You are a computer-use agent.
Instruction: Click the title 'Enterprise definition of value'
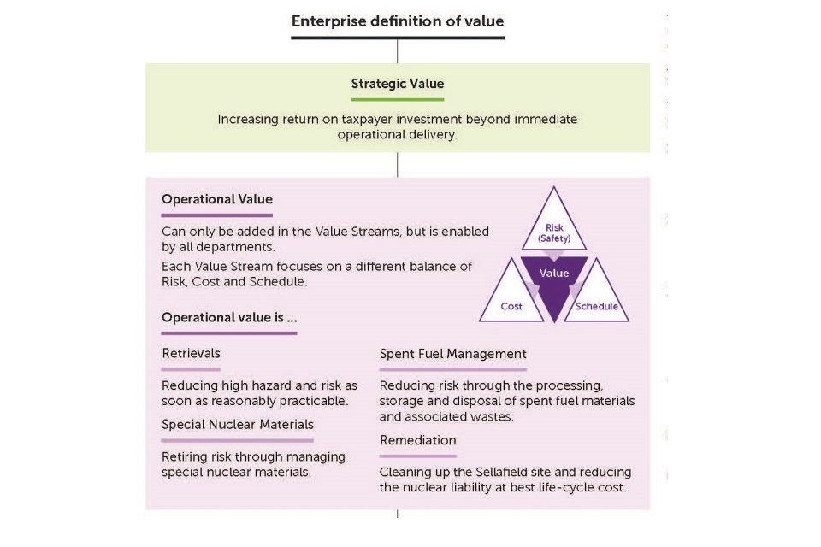pyautogui.click(x=397, y=21)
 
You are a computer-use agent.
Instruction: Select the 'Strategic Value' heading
pyautogui.click(x=397, y=84)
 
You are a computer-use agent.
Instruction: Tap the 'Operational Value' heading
pyautogui.click(x=216, y=199)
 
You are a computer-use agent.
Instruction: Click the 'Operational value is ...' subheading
pyautogui.click(x=229, y=318)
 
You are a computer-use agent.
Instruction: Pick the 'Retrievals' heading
pyautogui.click(x=191, y=353)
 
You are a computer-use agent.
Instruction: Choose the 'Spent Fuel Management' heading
pyautogui.click(x=452, y=353)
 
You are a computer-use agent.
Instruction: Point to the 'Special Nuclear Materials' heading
pyautogui.click(x=238, y=424)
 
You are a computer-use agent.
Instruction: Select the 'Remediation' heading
pyautogui.click(x=417, y=440)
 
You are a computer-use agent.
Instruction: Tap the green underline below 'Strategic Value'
pyautogui.click(x=397, y=100)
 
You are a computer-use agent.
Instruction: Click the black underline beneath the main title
pyautogui.click(x=397, y=38)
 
